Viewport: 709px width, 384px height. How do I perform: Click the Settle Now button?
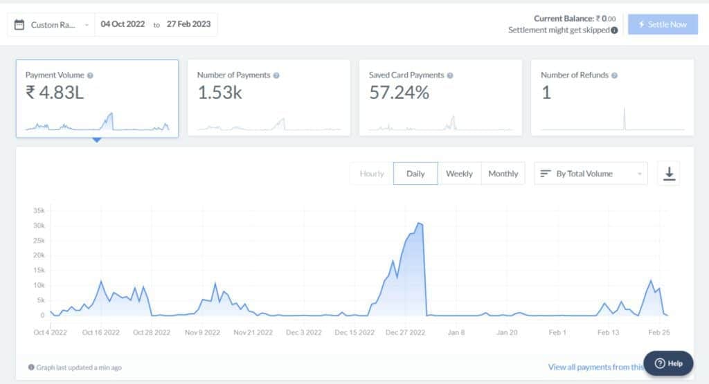(x=663, y=24)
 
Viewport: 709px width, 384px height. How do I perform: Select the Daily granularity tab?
(x=415, y=174)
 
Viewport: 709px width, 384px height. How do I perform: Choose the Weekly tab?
(x=459, y=174)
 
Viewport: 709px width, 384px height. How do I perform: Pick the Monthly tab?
(x=503, y=174)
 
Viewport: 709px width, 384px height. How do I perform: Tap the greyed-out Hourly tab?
(x=372, y=174)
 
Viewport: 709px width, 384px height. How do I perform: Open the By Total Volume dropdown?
(x=591, y=174)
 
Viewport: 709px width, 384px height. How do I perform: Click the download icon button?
(x=669, y=174)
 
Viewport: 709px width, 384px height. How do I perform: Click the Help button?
(x=668, y=363)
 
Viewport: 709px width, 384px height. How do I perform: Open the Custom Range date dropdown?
(x=52, y=25)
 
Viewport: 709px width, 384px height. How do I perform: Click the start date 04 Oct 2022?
(x=123, y=24)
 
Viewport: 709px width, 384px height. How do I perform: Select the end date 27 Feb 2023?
(x=188, y=24)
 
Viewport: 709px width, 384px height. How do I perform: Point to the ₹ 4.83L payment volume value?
(x=55, y=92)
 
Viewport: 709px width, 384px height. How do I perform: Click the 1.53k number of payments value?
(x=219, y=92)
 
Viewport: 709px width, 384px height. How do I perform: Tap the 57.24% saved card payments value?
(x=399, y=92)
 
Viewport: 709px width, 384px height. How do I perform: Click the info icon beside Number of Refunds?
(x=614, y=75)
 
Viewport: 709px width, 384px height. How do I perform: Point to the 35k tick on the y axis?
(x=39, y=210)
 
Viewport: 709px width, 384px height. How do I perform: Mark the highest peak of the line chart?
(x=418, y=223)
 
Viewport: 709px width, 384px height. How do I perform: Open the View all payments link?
(x=595, y=367)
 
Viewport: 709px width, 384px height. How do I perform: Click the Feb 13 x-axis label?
(x=608, y=333)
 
